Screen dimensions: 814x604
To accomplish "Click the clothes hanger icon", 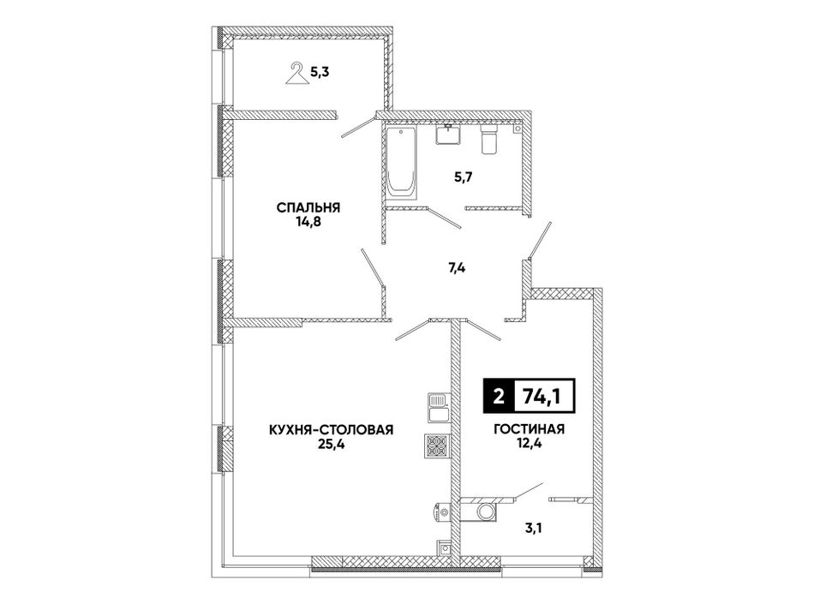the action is click(297, 73).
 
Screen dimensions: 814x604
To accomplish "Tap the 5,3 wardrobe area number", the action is click(320, 72).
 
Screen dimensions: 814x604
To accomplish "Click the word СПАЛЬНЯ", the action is click(308, 208).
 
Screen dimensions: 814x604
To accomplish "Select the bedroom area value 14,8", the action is click(308, 222).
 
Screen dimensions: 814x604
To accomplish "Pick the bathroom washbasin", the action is click(447, 135).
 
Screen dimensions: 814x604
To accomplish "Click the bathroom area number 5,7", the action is click(464, 177).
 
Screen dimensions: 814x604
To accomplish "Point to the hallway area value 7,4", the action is click(457, 268).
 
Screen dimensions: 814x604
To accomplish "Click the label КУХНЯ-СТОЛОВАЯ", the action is click(332, 429).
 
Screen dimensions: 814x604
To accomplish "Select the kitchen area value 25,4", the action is click(332, 444).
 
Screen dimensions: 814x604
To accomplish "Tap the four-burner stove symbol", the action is click(439, 446).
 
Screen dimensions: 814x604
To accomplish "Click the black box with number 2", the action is click(499, 397).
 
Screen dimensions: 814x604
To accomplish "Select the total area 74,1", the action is click(543, 397).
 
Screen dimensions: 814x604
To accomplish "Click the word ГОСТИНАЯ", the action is click(529, 429).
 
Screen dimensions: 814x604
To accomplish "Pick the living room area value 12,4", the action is click(529, 444).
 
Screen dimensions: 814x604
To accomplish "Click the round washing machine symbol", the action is click(488, 511).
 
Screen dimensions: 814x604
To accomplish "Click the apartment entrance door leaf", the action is click(540, 240).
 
